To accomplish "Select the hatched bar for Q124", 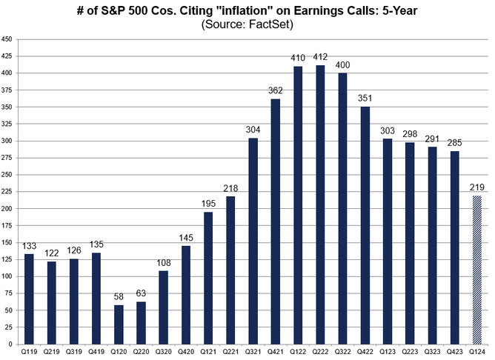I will point(477,270).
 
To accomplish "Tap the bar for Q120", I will point(119,324).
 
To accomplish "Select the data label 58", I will point(119,299).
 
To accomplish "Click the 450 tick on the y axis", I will point(7,39).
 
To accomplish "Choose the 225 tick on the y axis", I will point(7,192).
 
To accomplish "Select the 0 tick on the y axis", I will point(10,344).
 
